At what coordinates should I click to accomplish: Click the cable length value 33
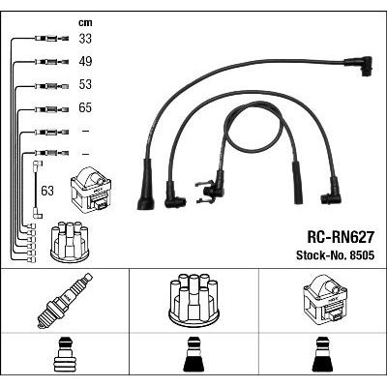85,39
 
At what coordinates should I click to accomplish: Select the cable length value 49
85,61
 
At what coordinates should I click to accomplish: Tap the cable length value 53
85,84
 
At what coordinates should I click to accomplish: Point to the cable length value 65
85,107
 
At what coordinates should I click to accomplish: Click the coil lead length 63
47,191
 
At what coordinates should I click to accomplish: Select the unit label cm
85,22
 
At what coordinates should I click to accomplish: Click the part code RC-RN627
341,238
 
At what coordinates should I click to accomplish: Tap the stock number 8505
361,255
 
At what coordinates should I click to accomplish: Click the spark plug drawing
65,301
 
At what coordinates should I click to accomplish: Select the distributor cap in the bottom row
193,299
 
